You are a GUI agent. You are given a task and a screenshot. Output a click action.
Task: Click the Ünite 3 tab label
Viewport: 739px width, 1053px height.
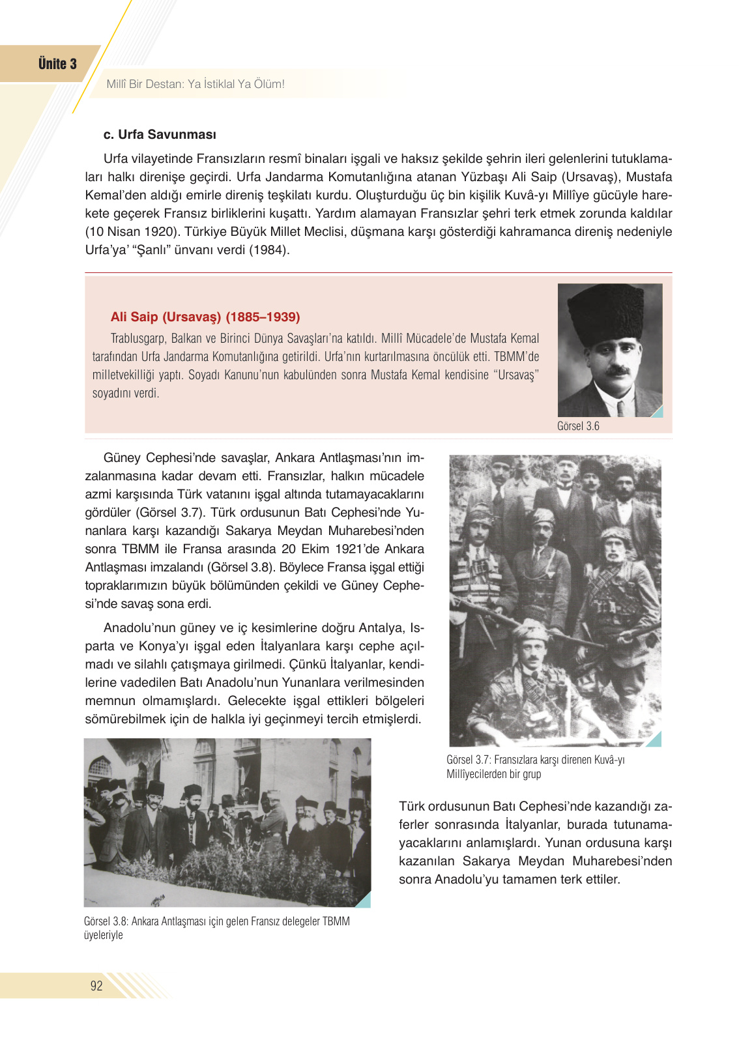[57, 64]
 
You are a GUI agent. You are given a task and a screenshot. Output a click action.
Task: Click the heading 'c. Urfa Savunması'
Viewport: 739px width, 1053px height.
[160, 135]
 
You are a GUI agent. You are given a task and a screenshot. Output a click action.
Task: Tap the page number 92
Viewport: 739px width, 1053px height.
[96, 985]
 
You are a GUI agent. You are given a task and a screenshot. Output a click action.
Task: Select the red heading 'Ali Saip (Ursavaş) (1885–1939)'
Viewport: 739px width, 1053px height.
[205, 317]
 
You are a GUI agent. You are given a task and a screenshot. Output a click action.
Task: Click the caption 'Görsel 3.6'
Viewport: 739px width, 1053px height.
[578, 426]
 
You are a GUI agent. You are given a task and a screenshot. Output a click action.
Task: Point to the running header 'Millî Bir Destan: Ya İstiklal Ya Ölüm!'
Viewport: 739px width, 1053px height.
[196, 84]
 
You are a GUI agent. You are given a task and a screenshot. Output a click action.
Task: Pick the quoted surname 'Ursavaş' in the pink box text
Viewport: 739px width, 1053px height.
[517, 375]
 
